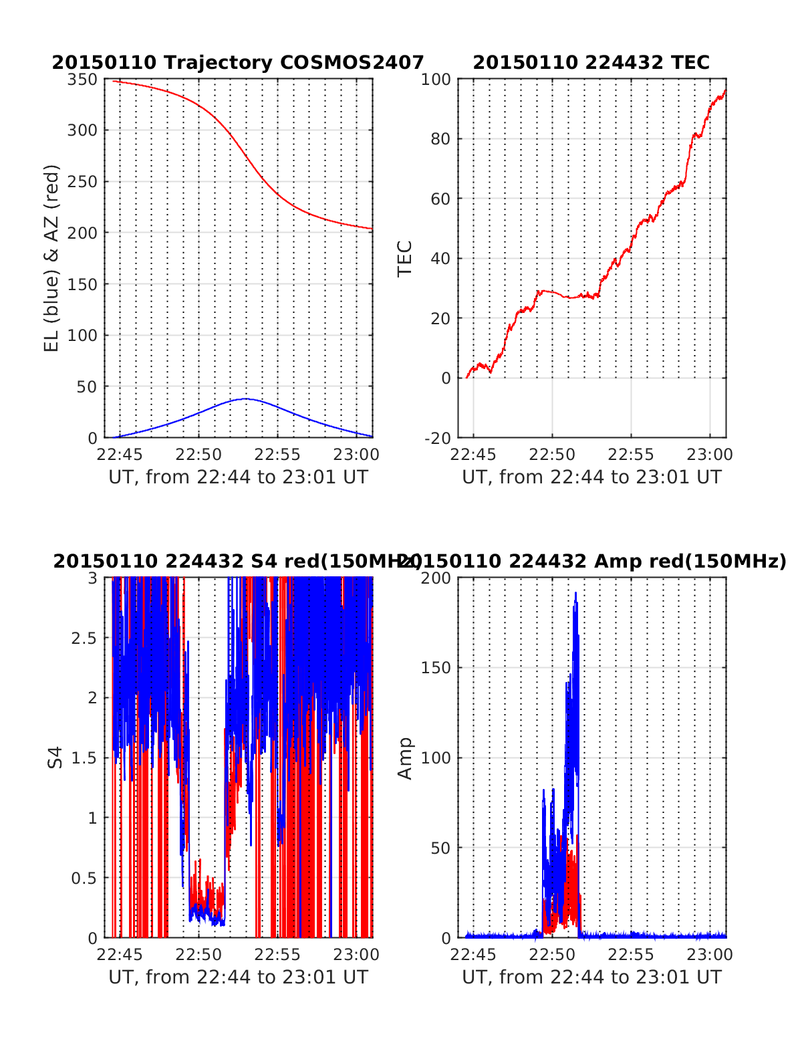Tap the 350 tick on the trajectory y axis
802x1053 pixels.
click(83, 80)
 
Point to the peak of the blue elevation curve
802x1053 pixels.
click(245, 399)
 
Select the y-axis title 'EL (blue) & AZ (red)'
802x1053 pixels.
click(51, 258)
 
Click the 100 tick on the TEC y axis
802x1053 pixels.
click(436, 80)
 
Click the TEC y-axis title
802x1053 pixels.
click(405, 258)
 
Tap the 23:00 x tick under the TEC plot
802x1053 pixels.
click(710, 455)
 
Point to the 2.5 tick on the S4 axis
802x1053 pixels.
click(84, 638)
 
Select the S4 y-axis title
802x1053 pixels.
click(55, 757)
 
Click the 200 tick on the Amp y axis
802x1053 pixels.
click(436, 578)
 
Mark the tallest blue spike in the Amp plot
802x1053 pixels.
click(575, 594)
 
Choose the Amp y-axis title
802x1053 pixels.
click(405, 757)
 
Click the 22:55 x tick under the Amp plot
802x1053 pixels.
click(632, 955)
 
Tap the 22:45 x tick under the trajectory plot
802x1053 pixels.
click(120, 455)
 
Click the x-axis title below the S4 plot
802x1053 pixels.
click(238, 977)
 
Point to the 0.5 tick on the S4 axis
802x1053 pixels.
click(84, 878)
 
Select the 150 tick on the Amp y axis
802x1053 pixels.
click(436, 668)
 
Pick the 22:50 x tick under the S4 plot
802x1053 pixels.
click(199, 955)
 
